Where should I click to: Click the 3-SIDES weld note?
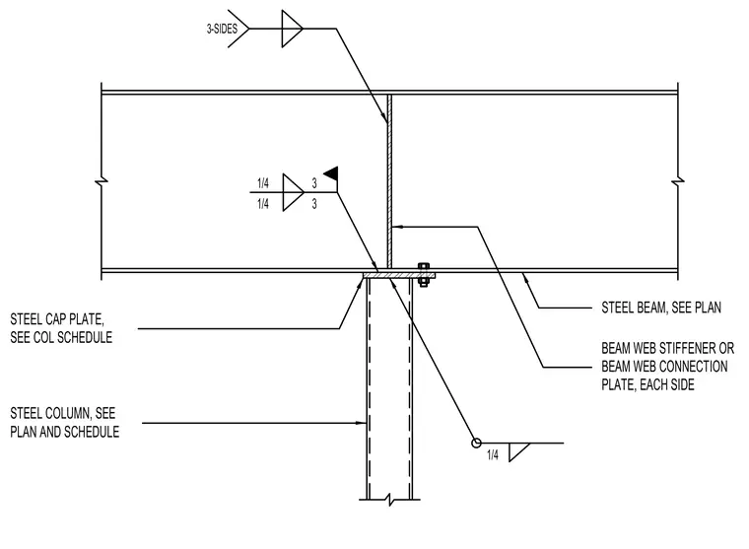tap(222, 30)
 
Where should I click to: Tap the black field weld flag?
tap(331, 172)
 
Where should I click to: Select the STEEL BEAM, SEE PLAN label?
tap(661, 308)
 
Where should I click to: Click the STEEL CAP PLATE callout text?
tap(61, 328)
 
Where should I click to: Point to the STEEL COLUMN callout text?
tap(64, 423)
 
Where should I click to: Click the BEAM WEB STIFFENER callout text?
tap(667, 366)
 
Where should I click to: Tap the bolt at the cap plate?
tap(423, 274)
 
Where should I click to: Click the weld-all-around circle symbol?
tap(476, 444)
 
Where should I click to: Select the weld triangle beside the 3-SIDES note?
tap(292, 29)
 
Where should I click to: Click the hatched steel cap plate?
tap(399, 276)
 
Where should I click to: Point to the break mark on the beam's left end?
tap(102, 181)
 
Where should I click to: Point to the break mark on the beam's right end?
tap(678, 181)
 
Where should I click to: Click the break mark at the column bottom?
tap(390, 500)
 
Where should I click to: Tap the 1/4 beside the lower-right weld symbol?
tap(493, 455)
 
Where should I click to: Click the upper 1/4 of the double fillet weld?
tap(263, 183)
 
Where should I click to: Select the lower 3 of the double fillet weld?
tap(314, 204)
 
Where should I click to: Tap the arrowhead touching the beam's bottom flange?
tap(525, 277)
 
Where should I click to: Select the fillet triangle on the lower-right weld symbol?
tap(516, 451)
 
